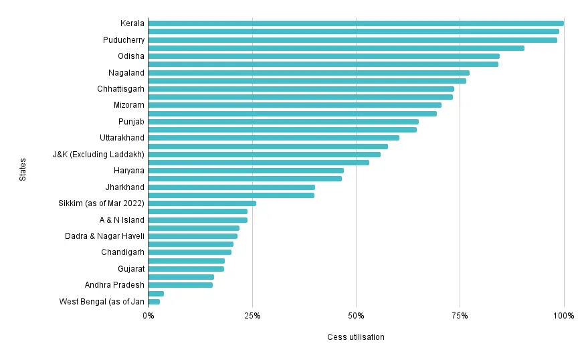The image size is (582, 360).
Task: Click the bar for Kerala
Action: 355,23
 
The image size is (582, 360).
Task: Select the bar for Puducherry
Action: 353,40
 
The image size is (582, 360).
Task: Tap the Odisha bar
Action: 324,56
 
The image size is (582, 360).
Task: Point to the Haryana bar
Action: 246,171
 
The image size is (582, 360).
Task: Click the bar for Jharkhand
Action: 231,187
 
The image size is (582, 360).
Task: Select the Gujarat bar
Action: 186,269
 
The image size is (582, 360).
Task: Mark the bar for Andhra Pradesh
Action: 181,285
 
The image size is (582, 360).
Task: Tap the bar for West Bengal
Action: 154,302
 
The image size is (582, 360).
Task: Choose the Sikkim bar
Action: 202,203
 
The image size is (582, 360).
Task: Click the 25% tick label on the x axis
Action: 252,315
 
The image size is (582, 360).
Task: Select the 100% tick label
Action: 564,315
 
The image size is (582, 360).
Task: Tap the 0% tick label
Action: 149,315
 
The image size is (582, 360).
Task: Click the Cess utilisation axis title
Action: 356,337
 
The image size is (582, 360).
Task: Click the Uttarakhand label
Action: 122,138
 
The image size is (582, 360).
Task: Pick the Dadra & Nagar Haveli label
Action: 104,236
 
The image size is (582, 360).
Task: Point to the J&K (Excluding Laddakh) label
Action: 98,155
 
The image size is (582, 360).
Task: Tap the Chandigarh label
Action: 122,252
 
